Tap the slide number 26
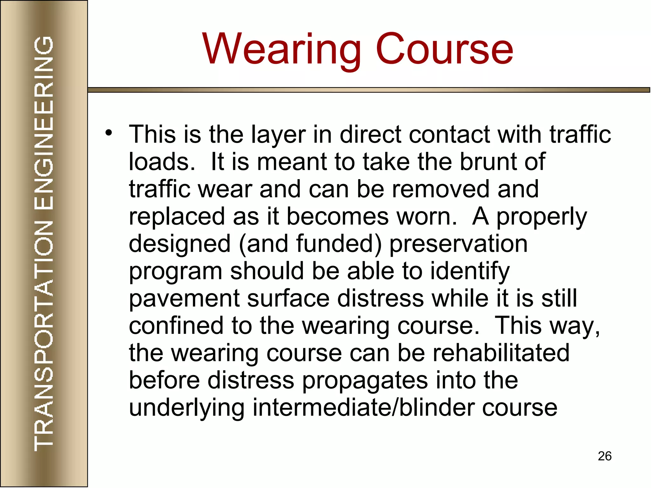(x=605, y=456)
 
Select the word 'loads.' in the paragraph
(x=162, y=162)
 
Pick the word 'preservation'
(x=458, y=244)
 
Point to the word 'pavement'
(x=184, y=298)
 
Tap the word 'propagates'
(x=365, y=381)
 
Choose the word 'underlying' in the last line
(x=187, y=408)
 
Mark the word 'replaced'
(x=177, y=216)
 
